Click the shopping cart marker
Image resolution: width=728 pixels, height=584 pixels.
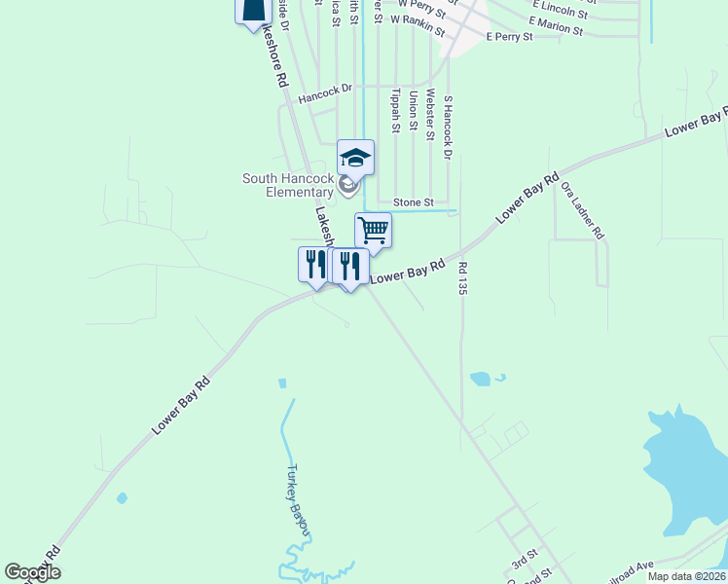pyautogui.click(x=373, y=232)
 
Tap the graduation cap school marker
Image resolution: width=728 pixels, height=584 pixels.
pyautogui.click(x=355, y=158)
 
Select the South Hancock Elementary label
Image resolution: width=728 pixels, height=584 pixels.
pyautogui.click(x=288, y=185)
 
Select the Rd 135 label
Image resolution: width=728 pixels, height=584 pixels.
pyautogui.click(x=463, y=277)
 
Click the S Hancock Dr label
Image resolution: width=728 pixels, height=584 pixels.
pyautogui.click(x=448, y=127)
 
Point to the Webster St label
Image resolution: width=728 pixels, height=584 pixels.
pyautogui.click(x=429, y=115)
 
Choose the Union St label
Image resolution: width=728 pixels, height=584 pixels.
pyautogui.click(x=413, y=110)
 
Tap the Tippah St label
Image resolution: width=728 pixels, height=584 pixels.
pyautogui.click(x=395, y=110)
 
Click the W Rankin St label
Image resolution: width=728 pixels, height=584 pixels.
pyautogui.click(x=418, y=24)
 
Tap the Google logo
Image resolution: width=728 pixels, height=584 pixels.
pyautogui.click(x=32, y=572)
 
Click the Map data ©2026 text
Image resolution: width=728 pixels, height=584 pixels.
pyautogui.click(x=686, y=576)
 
